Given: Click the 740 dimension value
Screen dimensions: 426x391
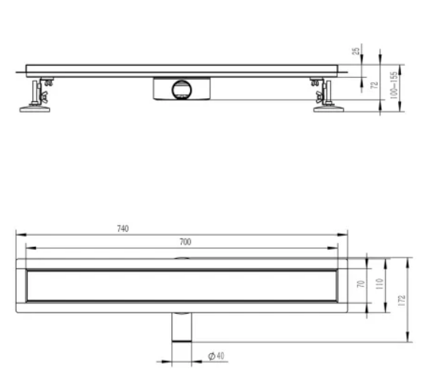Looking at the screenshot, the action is click(123, 229).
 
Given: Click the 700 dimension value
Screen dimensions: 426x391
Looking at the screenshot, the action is click(185, 242).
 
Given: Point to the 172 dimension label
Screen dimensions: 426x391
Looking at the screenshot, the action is click(402, 300).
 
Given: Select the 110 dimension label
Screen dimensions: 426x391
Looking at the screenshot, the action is click(380, 284).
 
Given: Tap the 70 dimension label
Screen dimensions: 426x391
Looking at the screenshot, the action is click(361, 284).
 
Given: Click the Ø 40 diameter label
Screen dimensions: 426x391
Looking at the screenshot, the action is click(216, 356).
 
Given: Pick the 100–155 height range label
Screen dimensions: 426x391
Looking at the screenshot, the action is click(394, 85).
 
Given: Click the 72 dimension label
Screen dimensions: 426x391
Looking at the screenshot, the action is click(375, 85).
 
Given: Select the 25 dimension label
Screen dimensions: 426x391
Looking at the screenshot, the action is click(356, 51).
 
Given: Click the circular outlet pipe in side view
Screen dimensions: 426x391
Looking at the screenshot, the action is click(182, 90).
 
